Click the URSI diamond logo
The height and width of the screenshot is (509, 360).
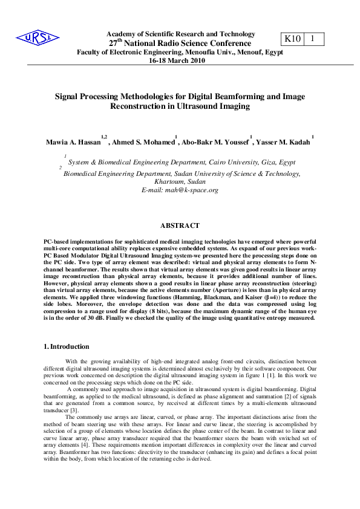pyautogui.click(x=38, y=39)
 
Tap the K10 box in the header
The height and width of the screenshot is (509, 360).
pyautogui.click(x=292, y=39)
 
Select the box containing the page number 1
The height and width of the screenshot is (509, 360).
pyautogui.click(x=313, y=39)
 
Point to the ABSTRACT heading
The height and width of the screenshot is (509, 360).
pyautogui.click(x=180, y=225)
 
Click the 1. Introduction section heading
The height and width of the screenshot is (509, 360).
pyautogui.click(x=67, y=346)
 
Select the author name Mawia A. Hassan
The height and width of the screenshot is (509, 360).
pyautogui.click(x=73, y=143)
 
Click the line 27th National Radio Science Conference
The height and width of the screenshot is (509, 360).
pyautogui.click(x=180, y=44)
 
